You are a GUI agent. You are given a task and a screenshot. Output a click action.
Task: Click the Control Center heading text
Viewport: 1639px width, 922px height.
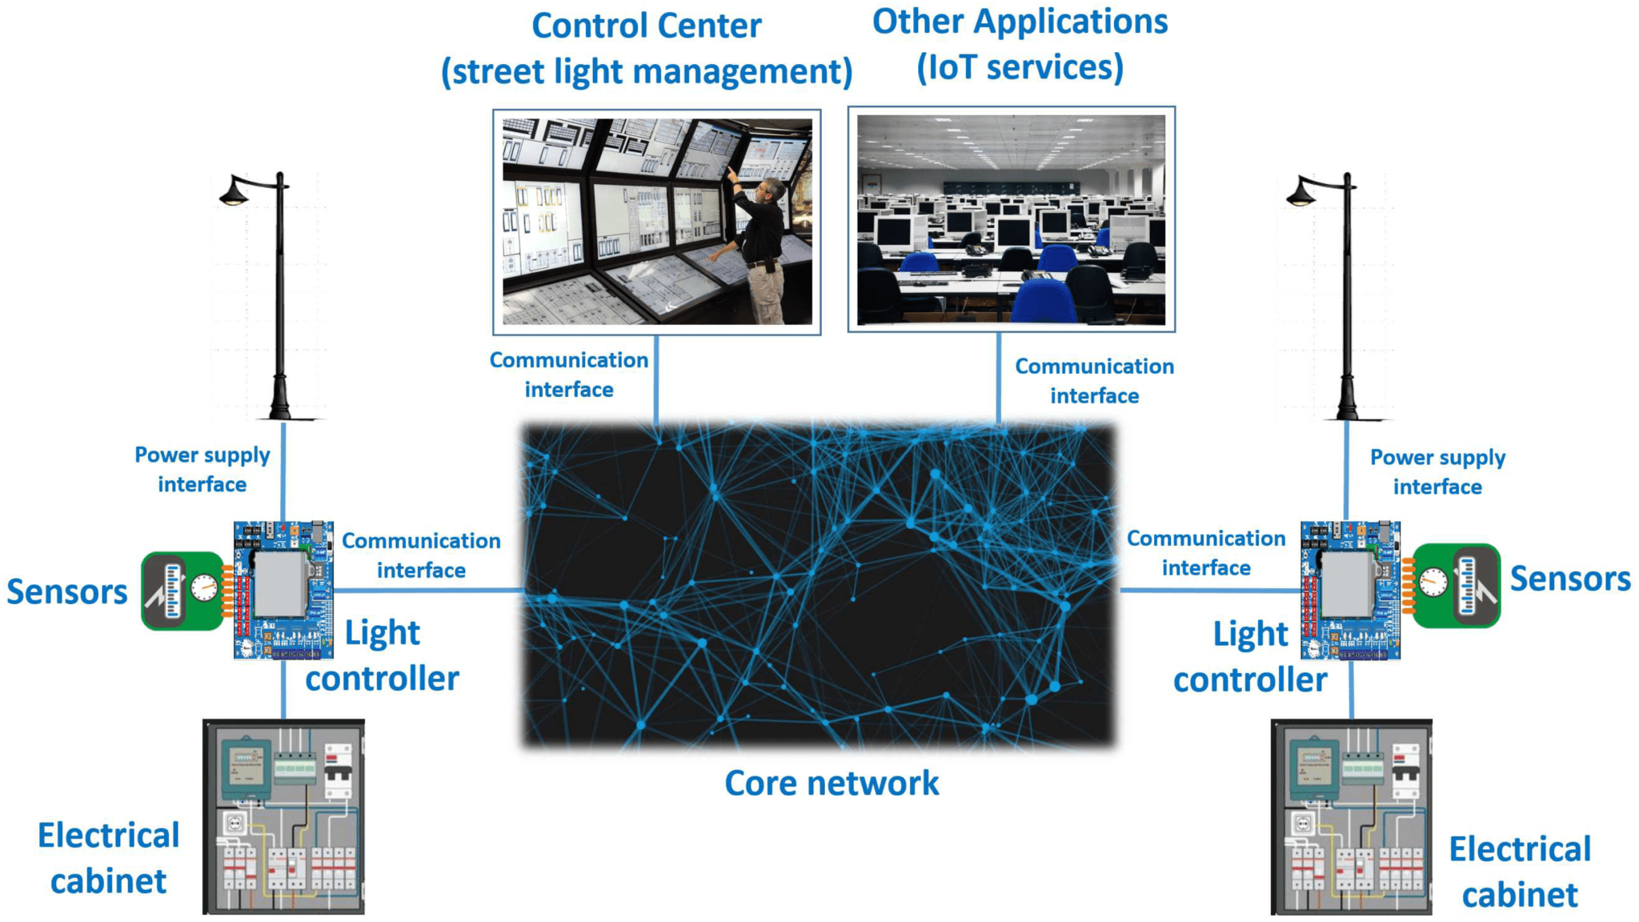tap(647, 26)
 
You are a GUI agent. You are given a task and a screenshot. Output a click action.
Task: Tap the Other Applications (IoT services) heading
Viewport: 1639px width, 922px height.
tap(1020, 45)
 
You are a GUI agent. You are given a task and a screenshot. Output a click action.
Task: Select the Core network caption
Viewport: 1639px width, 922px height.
tap(832, 784)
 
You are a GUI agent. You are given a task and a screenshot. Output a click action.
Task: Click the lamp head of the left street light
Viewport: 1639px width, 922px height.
tap(234, 194)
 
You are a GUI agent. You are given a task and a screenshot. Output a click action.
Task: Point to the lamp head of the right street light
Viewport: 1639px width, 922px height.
tap(1300, 194)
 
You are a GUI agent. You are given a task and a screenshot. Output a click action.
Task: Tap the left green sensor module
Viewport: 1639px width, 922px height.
tap(183, 591)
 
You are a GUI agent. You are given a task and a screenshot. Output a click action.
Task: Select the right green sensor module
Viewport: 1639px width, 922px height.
tap(1455, 585)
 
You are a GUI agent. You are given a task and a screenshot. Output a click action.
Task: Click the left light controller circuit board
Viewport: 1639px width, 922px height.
tap(283, 590)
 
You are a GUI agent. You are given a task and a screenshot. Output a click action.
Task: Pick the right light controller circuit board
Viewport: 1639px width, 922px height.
tap(1350, 590)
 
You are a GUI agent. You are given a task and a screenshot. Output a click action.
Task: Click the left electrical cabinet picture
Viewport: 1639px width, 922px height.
tap(284, 816)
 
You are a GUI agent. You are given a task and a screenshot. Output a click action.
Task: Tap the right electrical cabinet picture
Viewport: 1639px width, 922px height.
tap(1352, 816)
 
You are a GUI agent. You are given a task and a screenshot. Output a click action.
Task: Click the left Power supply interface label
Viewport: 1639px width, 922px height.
tap(202, 470)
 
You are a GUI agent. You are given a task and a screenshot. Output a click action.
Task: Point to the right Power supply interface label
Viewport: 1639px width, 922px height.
tap(1437, 472)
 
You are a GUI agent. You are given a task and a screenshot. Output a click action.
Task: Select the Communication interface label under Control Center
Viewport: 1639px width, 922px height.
tap(569, 375)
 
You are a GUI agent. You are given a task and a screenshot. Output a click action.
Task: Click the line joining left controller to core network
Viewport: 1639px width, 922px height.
tap(428, 591)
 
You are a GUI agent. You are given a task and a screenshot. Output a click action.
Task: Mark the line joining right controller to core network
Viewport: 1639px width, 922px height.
tap(1208, 591)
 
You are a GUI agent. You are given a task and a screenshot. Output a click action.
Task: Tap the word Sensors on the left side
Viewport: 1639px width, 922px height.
tap(67, 592)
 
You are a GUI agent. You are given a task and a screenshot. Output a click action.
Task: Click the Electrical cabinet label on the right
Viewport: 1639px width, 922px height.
tap(1520, 872)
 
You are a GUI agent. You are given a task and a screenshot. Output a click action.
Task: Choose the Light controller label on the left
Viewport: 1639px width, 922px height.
tap(383, 655)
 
